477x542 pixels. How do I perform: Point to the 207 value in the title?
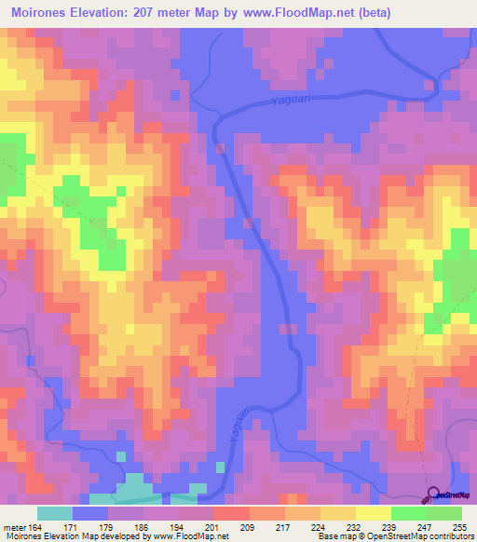pos(145,12)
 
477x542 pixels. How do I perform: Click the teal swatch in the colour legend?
pos(55,513)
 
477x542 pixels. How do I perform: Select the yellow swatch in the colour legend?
pos(373,513)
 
